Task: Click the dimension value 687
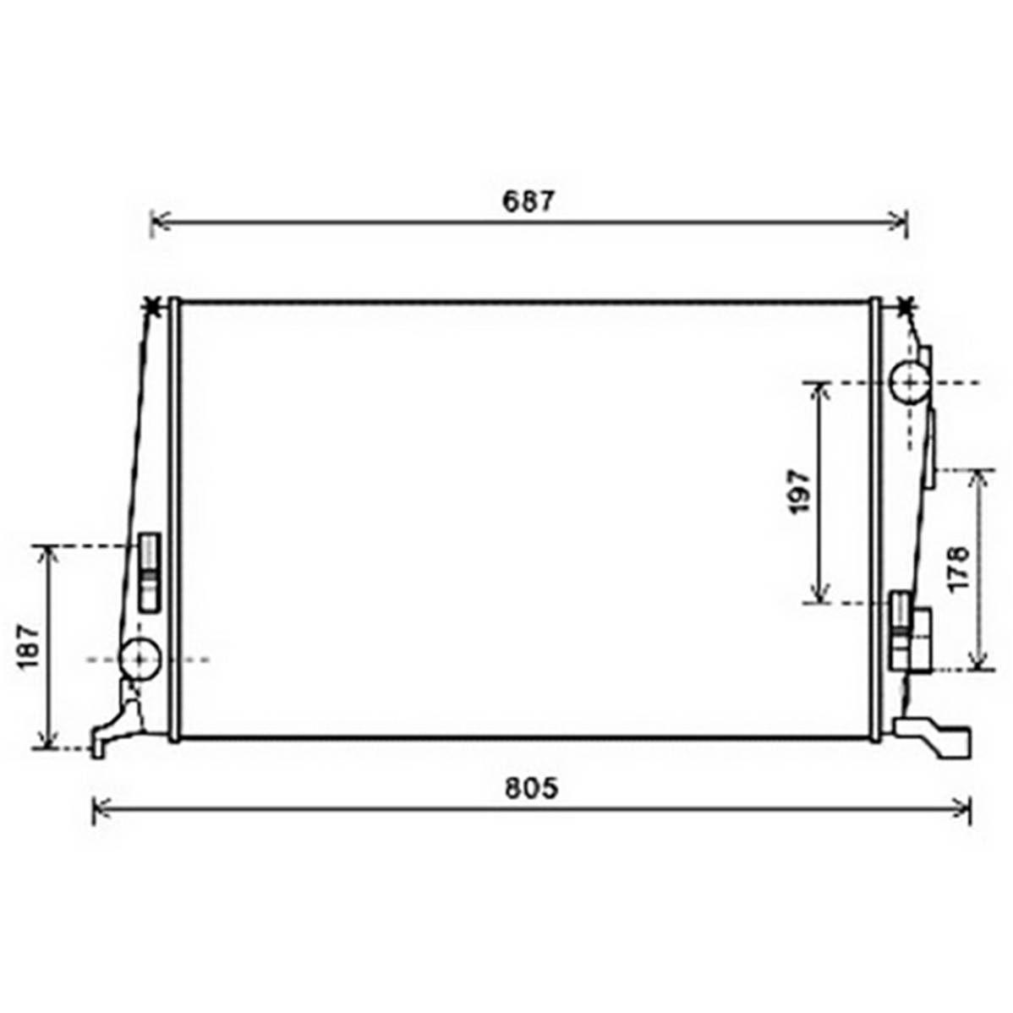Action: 528,201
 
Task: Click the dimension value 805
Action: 531,789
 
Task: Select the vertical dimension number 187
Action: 30,648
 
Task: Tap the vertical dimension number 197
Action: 800,492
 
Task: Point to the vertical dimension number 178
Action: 960,568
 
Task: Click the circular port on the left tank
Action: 140,659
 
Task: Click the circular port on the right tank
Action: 909,383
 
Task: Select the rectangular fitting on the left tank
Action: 150,572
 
